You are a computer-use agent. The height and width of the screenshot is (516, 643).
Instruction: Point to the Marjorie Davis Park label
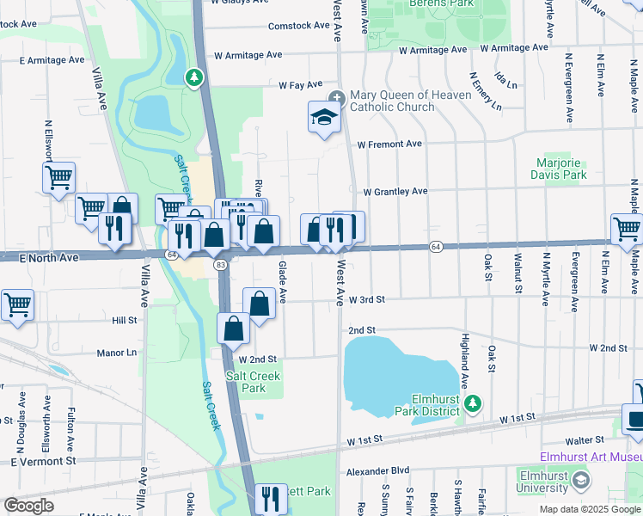(x=560, y=169)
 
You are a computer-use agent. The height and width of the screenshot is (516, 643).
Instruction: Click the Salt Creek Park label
(x=253, y=382)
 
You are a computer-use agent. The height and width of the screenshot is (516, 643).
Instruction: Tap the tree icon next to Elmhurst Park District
(x=471, y=403)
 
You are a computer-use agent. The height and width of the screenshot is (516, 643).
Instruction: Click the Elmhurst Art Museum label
(x=591, y=457)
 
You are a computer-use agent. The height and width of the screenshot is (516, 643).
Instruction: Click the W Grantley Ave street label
(x=395, y=192)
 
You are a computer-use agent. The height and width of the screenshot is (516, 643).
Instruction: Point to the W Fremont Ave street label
(x=389, y=144)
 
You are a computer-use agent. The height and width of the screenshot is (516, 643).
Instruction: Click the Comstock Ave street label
(x=298, y=26)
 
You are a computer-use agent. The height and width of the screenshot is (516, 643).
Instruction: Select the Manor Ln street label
(x=117, y=353)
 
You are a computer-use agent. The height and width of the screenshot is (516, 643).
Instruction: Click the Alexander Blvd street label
(x=377, y=472)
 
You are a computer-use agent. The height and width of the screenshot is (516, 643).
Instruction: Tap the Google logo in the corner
(x=29, y=506)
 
